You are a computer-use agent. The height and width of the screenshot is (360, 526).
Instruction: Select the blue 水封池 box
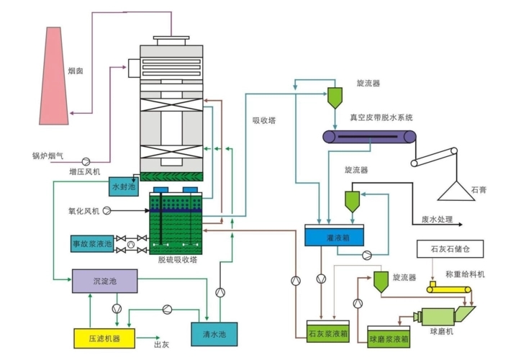(x=122, y=186)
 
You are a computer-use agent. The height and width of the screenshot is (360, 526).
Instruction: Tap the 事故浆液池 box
(x=91, y=244)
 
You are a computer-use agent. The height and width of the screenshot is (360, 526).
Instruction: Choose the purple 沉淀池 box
(x=104, y=281)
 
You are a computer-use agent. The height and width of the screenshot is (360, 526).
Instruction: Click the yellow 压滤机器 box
(x=104, y=337)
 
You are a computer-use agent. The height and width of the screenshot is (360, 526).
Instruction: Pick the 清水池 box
(x=214, y=334)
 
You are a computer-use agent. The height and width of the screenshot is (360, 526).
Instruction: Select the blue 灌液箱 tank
(x=334, y=236)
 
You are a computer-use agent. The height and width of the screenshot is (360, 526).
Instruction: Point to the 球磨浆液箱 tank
(x=389, y=336)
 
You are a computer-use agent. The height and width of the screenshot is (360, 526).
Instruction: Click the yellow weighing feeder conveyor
(x=445, y=289)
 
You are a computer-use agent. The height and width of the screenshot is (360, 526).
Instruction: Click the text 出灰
(x=161, y=344)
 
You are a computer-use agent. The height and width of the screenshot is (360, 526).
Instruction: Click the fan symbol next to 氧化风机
(x=107, y=210)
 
